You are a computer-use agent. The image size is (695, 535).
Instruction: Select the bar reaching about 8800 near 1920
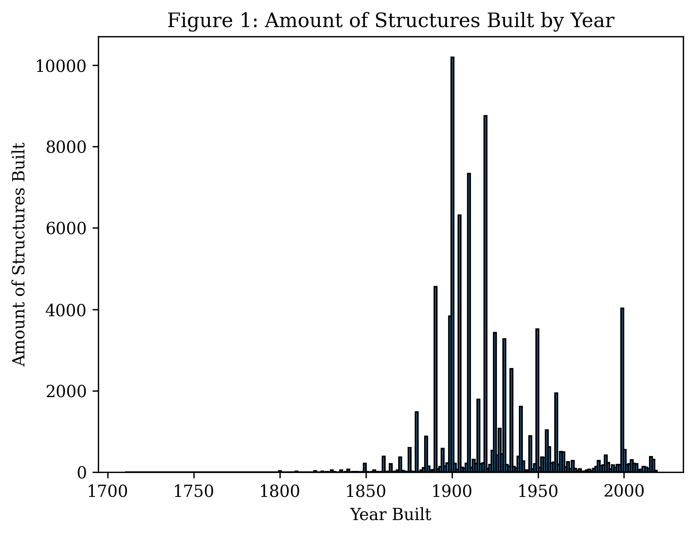(485, 295)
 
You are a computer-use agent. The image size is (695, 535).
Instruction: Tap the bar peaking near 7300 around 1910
(469, 322)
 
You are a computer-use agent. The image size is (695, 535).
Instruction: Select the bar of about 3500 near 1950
(537, 401)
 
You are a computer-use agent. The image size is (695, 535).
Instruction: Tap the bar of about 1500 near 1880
(416, 442)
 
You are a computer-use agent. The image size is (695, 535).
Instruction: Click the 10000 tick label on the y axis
(61, 66)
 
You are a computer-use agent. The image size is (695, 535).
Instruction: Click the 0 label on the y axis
(82, 473)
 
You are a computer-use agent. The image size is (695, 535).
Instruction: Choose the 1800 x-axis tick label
(279, 491)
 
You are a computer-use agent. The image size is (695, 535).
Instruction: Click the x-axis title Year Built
(390, 515)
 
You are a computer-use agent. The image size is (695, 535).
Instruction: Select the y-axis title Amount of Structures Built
(19, 255)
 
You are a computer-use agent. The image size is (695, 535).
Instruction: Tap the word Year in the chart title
(592, 21)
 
